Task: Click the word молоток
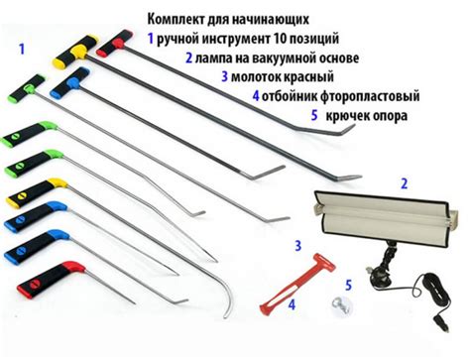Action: [263, 76]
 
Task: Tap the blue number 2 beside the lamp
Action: [404, 183]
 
